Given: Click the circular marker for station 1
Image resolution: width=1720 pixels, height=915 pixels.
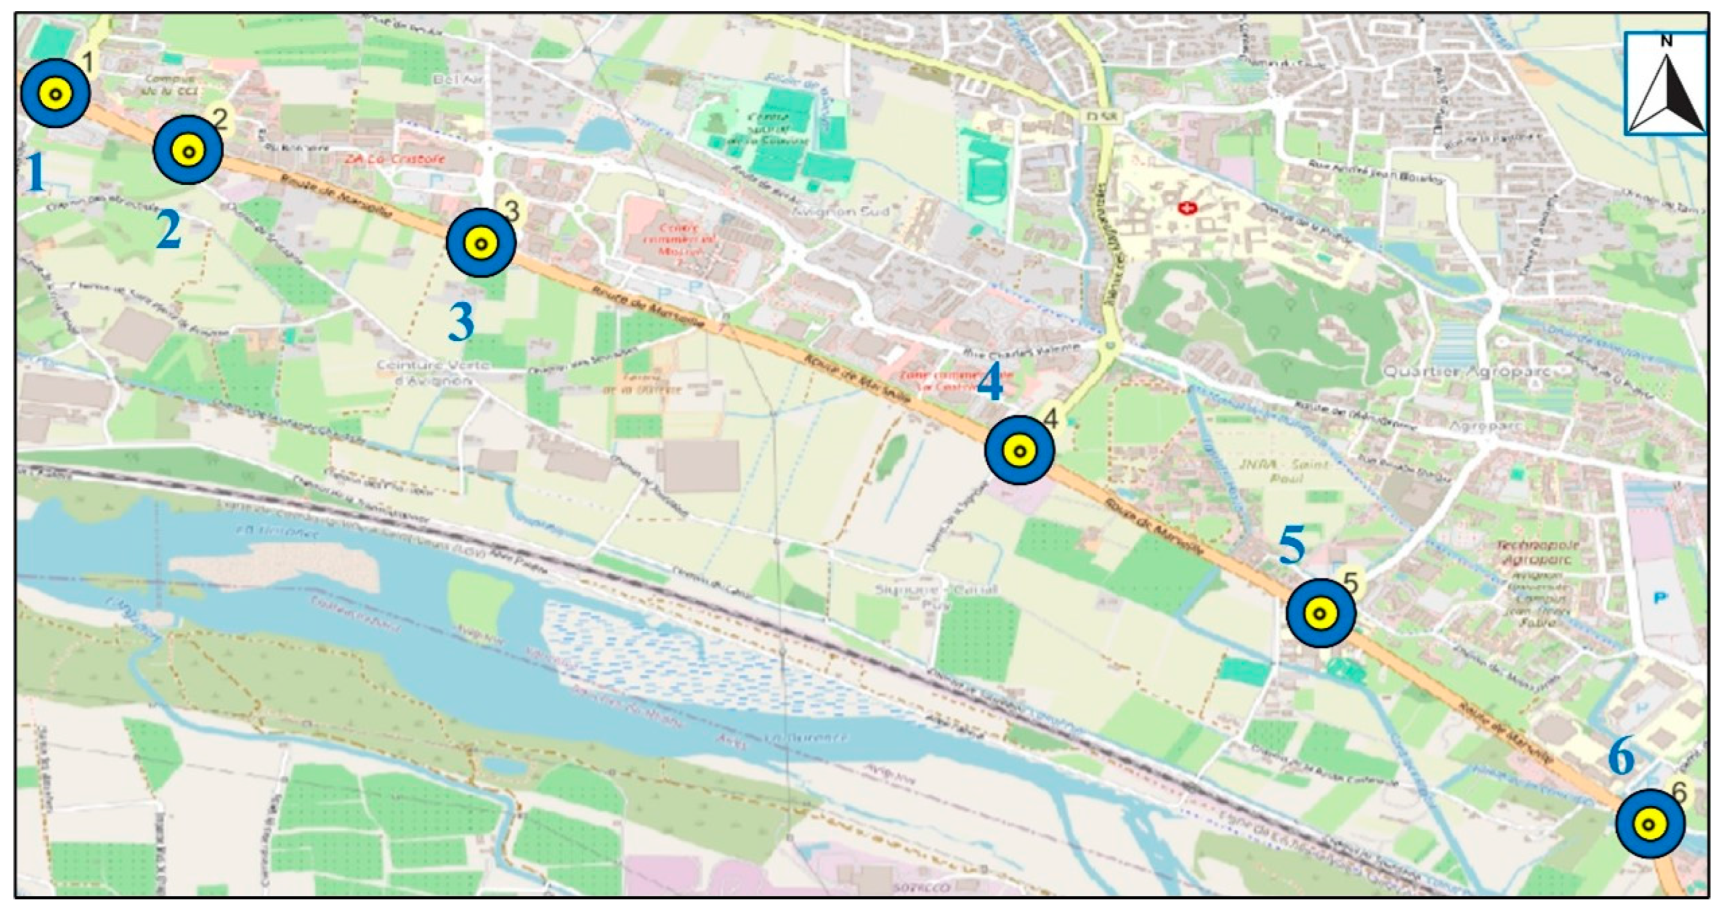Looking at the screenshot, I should pos(55,94).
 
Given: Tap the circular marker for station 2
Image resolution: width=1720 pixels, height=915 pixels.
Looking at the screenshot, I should pos(188,150).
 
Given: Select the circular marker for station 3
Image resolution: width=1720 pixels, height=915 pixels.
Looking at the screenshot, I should pos(481,242).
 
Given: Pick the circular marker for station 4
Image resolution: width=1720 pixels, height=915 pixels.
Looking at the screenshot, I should pos(1019,450).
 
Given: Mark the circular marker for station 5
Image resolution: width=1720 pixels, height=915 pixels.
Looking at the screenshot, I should pos(1320,613).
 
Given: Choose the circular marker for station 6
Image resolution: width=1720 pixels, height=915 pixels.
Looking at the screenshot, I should pos(1649,824).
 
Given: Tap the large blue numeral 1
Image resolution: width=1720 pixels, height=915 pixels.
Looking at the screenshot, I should pos(35,173).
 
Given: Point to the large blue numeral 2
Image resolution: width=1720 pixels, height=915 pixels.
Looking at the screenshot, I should pos(169,230).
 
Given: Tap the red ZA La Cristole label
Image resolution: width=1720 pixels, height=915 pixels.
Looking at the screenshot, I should pos(395,160).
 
